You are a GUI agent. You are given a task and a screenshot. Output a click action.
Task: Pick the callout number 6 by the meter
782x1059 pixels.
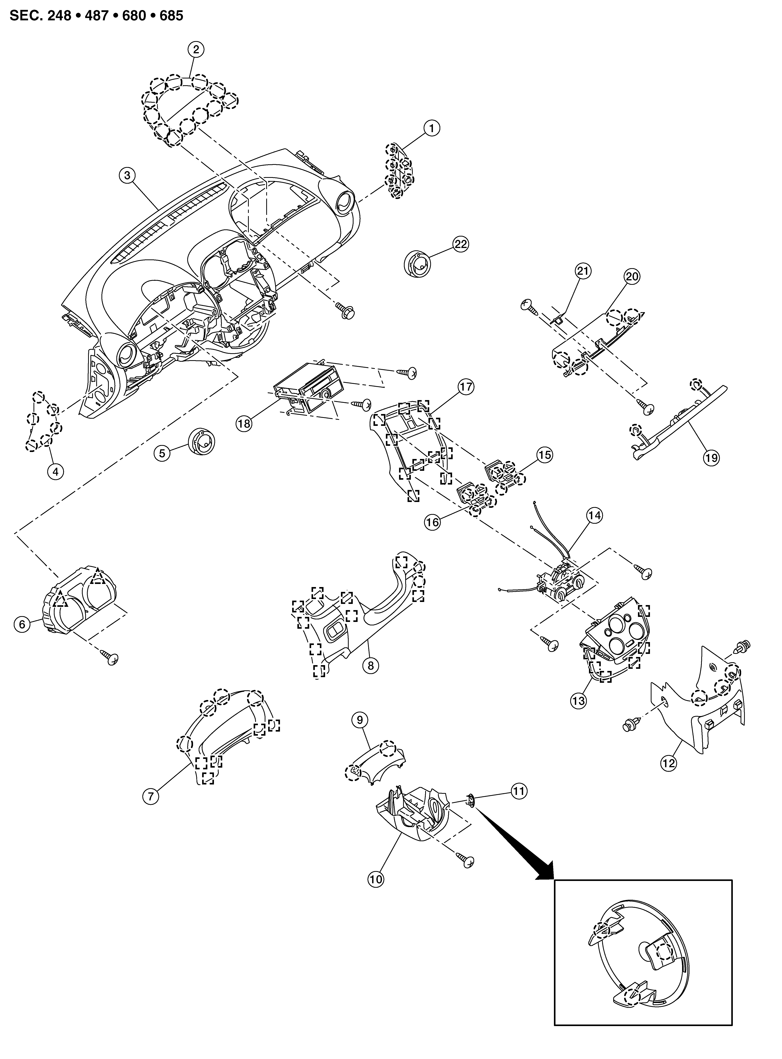[x=22, y=624]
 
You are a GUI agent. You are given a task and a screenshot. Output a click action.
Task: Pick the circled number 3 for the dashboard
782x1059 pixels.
[x=127, y=175]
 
